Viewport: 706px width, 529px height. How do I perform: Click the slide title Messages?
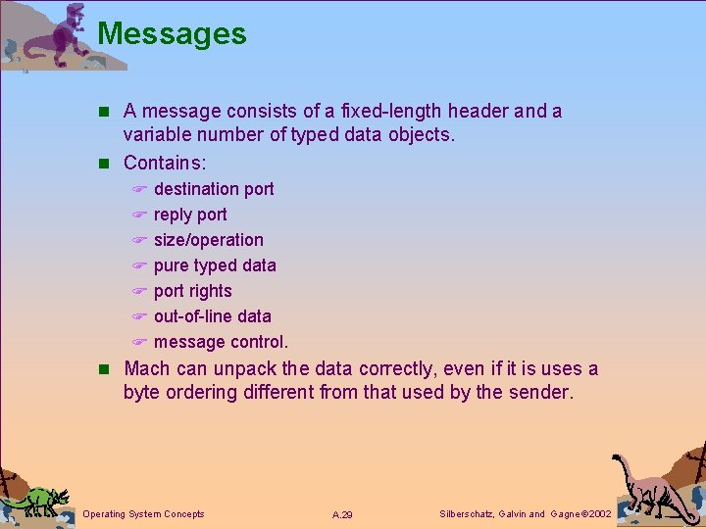pyautogui.click(x=172, y=33)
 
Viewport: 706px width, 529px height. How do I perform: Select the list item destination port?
pyautogui.click(x=214, y=189)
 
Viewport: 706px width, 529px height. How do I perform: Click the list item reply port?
pyautogui.click(x=190, y=215)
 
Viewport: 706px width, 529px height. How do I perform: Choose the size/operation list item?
pyautogui.click(x=209, y=240)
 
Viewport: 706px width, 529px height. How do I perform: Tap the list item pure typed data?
pyautogui.click(x=215, y=265)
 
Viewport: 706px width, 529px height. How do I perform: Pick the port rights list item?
pyautogui.click(x=193, y=291)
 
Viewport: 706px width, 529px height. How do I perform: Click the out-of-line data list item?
pyautogui.click(x=213, y=316)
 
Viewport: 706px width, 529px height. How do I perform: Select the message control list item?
pyautogui.click(x=221, y=342)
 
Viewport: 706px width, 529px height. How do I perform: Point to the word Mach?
pyautogui.click(x=146, y=369)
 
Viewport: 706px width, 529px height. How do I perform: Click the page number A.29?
pyautogui.click(x=342, y=514)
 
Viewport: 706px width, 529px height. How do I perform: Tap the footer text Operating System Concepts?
pyautogui.click(x=144, y=513)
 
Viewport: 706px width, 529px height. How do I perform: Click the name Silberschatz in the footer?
pyautogui.click(x=466, y=513)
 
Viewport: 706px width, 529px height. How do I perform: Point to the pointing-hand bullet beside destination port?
pyautogui.click(x=139, y=190)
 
